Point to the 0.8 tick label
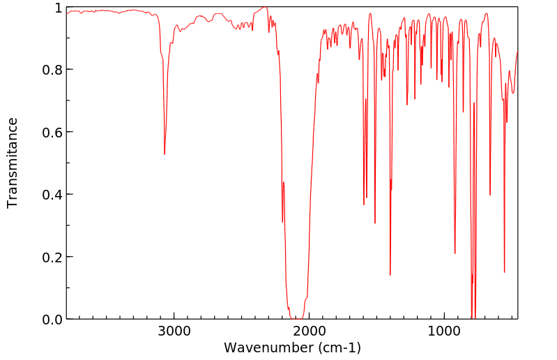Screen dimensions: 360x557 (x=52, y=70)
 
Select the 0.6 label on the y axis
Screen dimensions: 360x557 (x=52, y=132)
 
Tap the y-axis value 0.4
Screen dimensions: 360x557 (x=52, y=195)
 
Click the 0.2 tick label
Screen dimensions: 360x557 (x=52, y=257)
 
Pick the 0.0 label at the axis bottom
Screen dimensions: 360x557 (x=52, y=319)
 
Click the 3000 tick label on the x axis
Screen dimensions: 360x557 (x=174, y=332)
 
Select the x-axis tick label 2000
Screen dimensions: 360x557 (x=310, y=332)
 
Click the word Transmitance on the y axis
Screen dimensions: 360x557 (x=13, y=163)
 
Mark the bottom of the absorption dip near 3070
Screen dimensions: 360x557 (x=165, y=153)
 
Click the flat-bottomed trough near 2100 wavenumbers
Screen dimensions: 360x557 (x=297, y=317)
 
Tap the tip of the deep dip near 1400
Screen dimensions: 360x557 (x=390, y=275)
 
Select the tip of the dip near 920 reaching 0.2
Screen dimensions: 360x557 (x=455, y=253)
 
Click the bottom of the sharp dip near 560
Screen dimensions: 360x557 (x=504, y=272)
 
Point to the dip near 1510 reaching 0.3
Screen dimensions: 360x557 (x=375, y=223)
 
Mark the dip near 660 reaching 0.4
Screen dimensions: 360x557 (x=490, y=195)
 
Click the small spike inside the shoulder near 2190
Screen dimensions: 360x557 (x=284, y=183)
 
